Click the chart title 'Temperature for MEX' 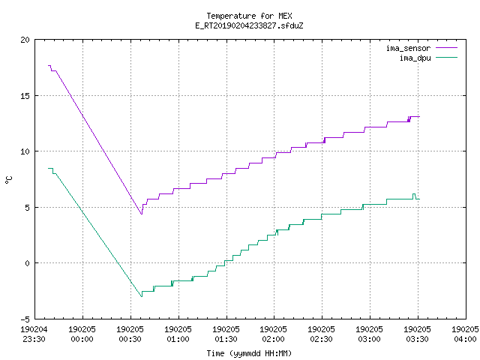pos(249,16)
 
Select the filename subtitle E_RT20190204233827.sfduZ pos(249,25)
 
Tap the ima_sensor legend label pos(408,48)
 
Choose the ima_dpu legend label pos(415,58)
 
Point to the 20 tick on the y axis pos(25,40)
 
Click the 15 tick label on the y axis pos(25,96)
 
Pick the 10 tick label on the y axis pos(25,151)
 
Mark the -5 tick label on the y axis pos(25,319)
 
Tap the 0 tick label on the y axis pos(28,263)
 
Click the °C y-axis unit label pos(8,180)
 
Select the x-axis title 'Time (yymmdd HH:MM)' pos(249,353)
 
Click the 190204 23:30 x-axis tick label pos(34,334)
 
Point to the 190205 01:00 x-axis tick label pos(178,334)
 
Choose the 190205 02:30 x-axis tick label pos(322,334)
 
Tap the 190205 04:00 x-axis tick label pos(465,334)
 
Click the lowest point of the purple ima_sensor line pos(142,214)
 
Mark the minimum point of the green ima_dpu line pos(142,296)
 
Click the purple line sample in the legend pos(446,48)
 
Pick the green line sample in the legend pos(446,58)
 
